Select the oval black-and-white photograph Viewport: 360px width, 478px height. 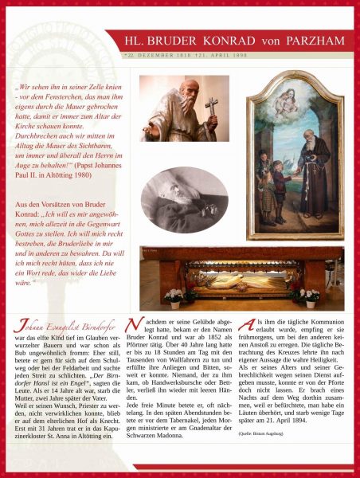point(184,200)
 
